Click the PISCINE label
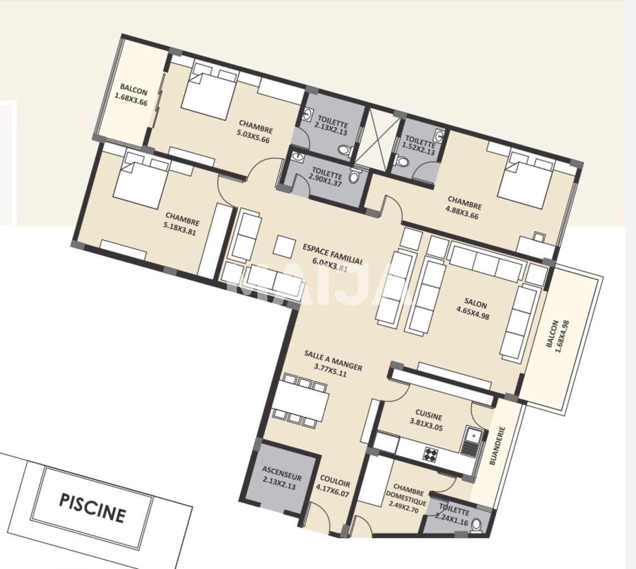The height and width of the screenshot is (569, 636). coord(92,508)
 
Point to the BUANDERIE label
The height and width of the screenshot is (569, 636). coord(497,445)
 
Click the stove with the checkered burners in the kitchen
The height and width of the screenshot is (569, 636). coord(430,453)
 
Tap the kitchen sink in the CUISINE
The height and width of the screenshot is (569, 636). coord(472,441)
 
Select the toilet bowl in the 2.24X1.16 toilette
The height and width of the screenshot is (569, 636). coord(477,526)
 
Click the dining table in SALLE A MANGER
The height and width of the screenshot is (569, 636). coord(301,401)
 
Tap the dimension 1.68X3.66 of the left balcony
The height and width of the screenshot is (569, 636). coord(131,99)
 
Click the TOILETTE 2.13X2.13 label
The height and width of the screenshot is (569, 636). coord(330,126)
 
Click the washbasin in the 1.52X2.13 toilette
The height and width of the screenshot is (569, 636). coord(439,134)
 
